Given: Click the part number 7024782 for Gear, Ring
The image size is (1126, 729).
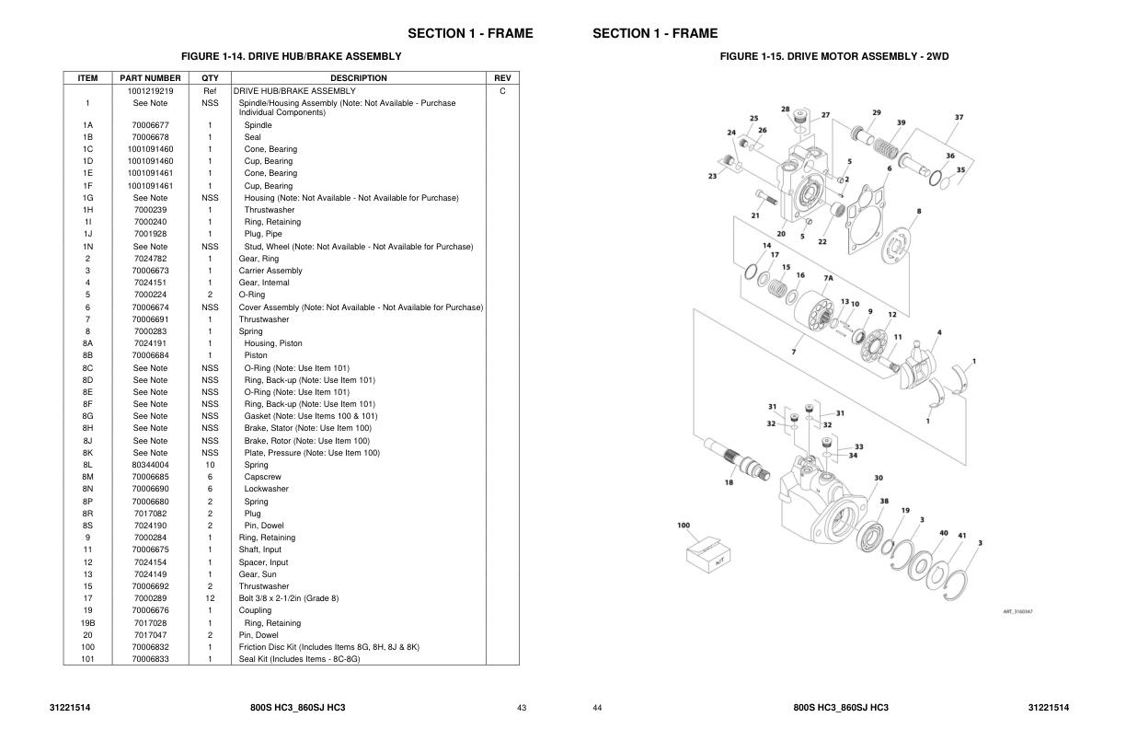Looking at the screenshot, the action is [150, 259].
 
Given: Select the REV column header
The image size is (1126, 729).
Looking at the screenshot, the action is [502, 78].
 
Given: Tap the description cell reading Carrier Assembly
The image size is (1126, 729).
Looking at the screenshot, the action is [270, 271].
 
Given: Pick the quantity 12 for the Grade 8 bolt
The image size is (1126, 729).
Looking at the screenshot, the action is [210, 598].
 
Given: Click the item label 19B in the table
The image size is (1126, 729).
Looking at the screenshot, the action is [88, 623].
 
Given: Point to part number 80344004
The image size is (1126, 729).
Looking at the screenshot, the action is [150, 465].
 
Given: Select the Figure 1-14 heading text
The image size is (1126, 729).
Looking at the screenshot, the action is [291, 56].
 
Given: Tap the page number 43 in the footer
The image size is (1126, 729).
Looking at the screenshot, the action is [522, 708].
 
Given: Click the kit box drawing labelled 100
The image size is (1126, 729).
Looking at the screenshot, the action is [708, 555].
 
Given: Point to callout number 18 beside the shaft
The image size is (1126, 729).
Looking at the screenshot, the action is [729, 482].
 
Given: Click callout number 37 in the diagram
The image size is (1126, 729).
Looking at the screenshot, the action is [959, 117].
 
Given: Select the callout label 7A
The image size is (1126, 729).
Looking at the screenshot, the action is [828, 278].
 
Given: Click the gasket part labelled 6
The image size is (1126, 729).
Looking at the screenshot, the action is [866, 219].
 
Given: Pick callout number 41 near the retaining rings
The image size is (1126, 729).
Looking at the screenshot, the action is [961, 536].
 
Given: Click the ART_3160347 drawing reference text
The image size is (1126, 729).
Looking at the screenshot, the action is [1017, 612].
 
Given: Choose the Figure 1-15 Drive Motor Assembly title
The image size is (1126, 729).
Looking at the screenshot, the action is [834, 56].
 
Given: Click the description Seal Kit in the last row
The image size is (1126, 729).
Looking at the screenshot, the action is [299, 659].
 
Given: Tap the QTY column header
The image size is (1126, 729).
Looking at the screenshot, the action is [210, 78].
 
